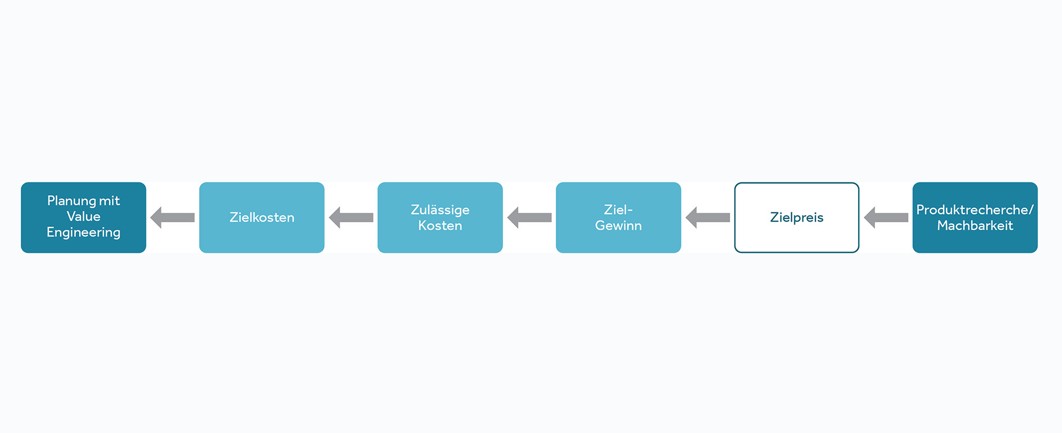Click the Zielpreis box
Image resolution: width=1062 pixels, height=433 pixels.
[x=797, y=218]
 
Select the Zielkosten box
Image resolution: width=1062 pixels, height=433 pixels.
[x=262, y=218]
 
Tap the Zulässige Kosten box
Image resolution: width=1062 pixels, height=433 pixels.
[x=440, y=218]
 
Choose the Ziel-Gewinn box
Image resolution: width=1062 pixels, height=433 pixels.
[x=619, y=218]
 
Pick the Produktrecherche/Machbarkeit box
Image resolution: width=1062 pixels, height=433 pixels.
[x=975, y=218]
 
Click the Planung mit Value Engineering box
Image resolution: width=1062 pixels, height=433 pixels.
[x=84, y=218]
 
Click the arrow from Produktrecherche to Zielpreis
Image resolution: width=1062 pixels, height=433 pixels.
[x=886, y=218]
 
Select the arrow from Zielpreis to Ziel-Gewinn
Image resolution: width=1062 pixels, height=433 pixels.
[x=708, y=218]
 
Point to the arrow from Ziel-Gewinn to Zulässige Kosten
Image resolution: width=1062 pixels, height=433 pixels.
[x=529, y=218]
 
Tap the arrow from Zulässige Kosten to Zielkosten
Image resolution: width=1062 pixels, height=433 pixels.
[x=351, y=218]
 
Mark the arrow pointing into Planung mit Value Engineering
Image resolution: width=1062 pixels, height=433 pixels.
[x=173, y=218]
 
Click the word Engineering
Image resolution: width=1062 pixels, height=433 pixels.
[x=84, y=233]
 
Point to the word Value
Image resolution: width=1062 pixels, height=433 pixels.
[x=84, y=216]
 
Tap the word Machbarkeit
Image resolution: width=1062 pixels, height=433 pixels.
[x=975, y=226]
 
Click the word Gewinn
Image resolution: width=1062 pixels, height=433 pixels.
[x=619, y=226]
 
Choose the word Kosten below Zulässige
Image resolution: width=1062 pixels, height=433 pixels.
[x=440, y=226]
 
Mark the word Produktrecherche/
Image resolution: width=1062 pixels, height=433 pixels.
[x=975, y=210]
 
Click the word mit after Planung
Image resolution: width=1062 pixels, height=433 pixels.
[x=109, y=201]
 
